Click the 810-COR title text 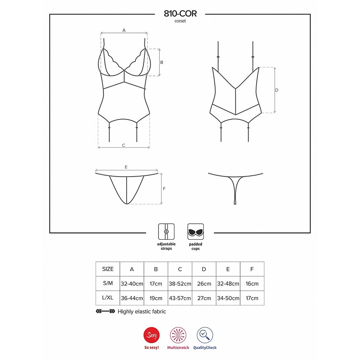180,14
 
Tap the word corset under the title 180,21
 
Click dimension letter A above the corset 124,30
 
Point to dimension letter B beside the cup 162,62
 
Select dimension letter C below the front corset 124,145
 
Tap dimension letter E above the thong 126,167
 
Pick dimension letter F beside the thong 164,189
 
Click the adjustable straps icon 166,232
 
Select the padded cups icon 195,232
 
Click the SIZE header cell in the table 108,269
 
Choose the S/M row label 108,284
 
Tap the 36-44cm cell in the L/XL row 132,298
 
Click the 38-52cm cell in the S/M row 180,284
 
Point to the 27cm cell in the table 204,298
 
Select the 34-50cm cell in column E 228,298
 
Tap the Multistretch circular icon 178,335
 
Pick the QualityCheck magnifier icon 205,335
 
